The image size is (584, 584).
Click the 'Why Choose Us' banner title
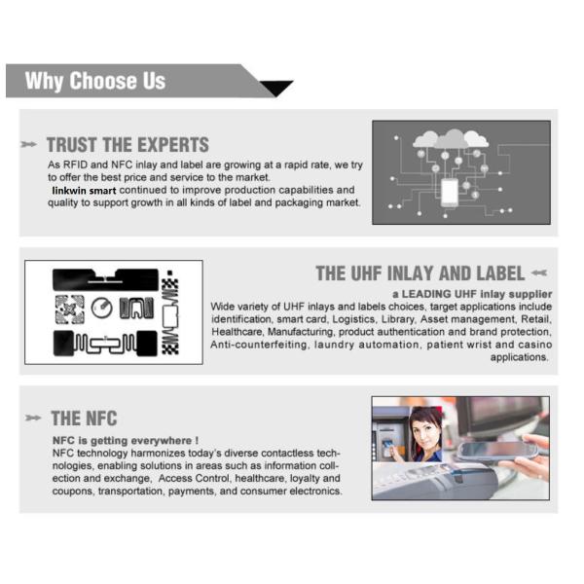click(x=95, y=81)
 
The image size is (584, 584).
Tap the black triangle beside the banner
click(x=276, y=88)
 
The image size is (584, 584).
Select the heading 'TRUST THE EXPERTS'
click(x=128, y=145)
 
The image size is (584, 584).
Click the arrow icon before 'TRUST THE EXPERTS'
click(x=28, y=144)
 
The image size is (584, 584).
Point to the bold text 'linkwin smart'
click(x=84, y=191)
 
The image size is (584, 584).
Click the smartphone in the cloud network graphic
click(x=450, y=192)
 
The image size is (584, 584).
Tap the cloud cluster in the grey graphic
click(x=451, y=139)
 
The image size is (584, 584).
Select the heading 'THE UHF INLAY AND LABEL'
click(x=420, y=274)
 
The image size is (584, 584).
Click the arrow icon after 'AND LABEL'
click(x=539, y=273)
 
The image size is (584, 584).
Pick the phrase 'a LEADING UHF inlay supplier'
click(x=472, y=294)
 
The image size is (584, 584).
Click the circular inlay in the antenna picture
click(x=101, y=308)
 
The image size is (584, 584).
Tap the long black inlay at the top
click(x=105, y=279)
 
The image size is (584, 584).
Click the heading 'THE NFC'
click(x=84, y=419)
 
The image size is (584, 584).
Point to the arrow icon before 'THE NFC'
click(x=33, y=418)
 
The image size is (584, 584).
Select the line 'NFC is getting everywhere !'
click(x=126, y=441)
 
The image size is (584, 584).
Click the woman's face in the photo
click(x=425, y=431)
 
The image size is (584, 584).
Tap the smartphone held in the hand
click(x=497, y=451)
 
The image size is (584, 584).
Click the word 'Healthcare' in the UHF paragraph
click(x=237, y=332)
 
